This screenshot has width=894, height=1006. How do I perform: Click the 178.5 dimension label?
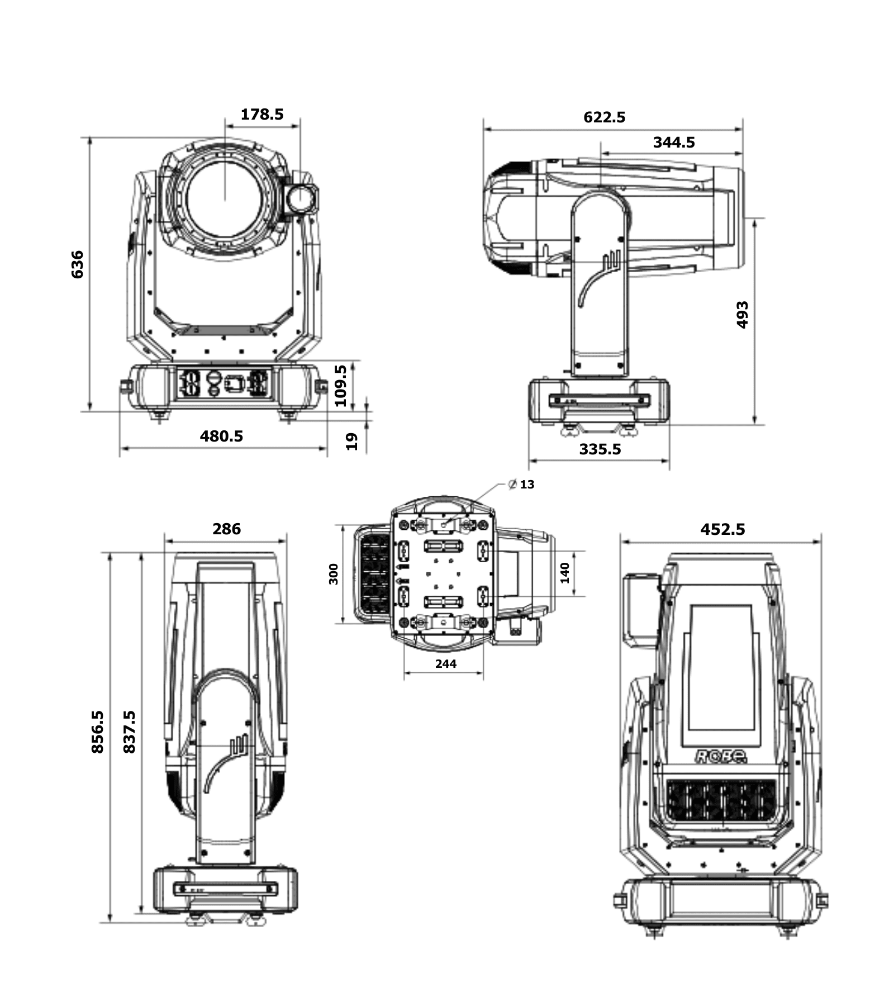click(262, 115)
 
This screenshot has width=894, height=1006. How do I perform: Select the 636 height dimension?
click(77, 264)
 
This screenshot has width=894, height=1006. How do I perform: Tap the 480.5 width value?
click(221, 436)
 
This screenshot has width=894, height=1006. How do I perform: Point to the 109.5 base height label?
click(340, 386)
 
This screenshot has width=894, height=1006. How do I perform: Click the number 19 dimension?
click(351, 442)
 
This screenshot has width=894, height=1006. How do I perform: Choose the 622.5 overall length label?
click(604, 117)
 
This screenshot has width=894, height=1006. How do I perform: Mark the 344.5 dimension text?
click(674, 143)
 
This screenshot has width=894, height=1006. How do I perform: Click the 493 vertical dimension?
click(742, 315)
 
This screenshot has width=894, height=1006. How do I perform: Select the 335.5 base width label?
click(600, 449)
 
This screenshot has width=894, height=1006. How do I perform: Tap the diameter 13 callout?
click(522, 485)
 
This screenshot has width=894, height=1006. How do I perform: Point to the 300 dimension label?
click(334, 574)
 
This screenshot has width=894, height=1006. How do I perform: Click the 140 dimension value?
click(564, 573)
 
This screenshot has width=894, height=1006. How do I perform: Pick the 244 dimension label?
click(445, 663)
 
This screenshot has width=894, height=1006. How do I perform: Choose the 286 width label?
click(226, 529)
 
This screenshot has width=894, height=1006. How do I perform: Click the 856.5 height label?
click(98, 732)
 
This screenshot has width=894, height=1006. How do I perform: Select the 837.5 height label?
click(129, 732)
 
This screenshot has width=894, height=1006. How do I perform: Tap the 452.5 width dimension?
click(722, 529)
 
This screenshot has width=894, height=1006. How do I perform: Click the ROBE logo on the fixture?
click(721, 756)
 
